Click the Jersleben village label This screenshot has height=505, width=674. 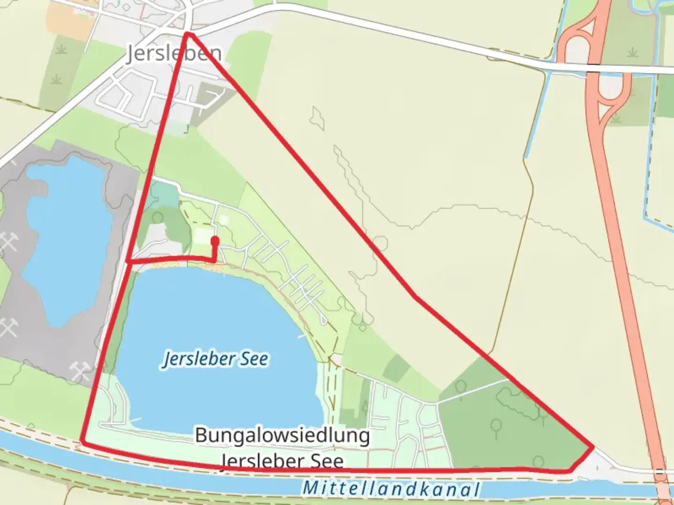pyautogui.click(x=174, y=54)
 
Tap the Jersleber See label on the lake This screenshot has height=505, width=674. pyautogui.click(x=215, y=359)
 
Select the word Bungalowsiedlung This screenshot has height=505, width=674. pyautogui.click(x=282, y=435)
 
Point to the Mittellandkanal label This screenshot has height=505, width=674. pyautogui.click(x=391, y=489)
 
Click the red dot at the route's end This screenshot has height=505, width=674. pyautogui.click(x=215, y=241)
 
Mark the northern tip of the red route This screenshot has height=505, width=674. pyautogui.click(x=187, y=33)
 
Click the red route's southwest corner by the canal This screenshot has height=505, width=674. pyautogui.click(x=82, y=440)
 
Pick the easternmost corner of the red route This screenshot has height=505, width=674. pyautogui.click(x=593, y=447)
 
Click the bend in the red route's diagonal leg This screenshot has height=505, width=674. pyautogui.click(x=414, y=296)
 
